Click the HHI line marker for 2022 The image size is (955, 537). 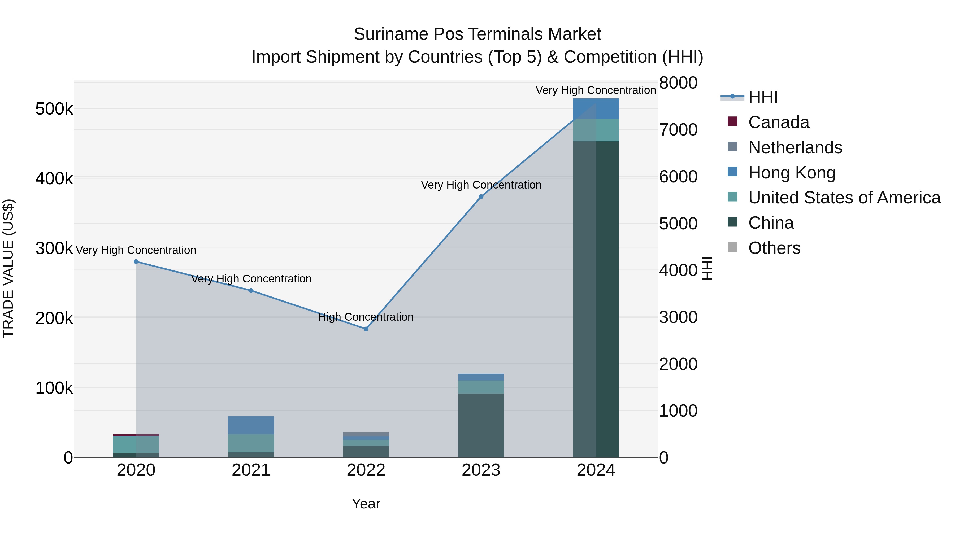click(366, 329)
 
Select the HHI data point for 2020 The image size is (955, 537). click(136, 262)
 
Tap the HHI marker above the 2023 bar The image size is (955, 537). click(481, 197)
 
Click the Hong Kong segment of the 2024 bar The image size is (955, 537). click(596, 108)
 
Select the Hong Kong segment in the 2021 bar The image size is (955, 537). click(251, 425)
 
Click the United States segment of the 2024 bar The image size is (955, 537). click(596, 130)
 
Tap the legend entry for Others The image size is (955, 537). click(774, 248)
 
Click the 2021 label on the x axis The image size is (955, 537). click(251, 470)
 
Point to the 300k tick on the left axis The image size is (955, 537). click(54, 248)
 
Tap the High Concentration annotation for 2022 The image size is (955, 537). click(366, 317)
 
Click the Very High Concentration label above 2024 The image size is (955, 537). click(596, 90)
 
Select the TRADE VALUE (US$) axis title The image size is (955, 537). click(8, 268)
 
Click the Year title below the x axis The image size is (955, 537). click(366, 504)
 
